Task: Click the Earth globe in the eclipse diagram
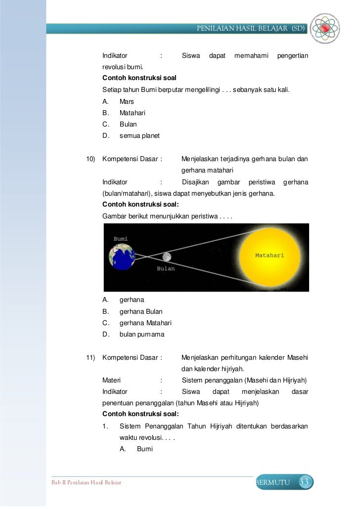pos(122,257)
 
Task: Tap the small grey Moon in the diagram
pos(167,257)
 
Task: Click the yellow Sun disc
pos(270,255)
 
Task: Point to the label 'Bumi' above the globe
pos(121,238)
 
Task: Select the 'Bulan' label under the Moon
pos(166,268)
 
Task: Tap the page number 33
pos(305,482)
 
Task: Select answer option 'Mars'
pos(127,101)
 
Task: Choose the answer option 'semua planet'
pos(139,135)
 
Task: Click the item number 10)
pos(90,159)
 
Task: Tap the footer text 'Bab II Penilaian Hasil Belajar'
pos(87,482)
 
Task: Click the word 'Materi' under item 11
pos(112,380)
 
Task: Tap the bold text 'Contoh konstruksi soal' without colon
pos(139,79)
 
